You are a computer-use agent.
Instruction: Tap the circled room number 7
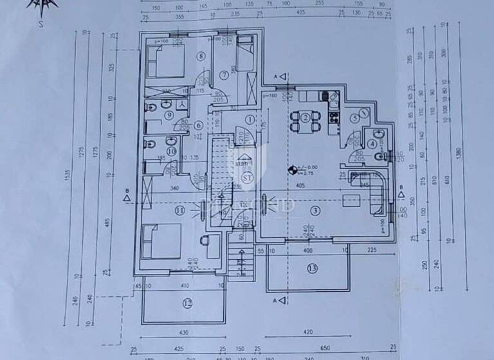[x=224, y=75]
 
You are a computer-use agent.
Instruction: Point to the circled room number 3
[x=315, y=211]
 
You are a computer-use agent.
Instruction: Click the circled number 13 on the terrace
[x=312, y=267]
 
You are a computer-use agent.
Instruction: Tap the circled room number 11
[x=180, y=210]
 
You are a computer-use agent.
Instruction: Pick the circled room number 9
[x=169, y=116]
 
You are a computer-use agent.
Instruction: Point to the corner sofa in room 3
[x=374, y=192]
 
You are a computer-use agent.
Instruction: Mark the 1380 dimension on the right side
[x=459, y=154]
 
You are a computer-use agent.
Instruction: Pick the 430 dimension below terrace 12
[x=184, y=332]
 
